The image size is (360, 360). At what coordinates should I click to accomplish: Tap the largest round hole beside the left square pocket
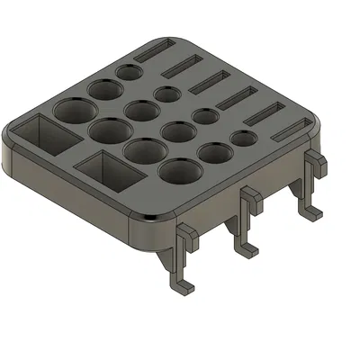click(75, 113)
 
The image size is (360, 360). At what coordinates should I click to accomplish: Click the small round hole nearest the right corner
click(243, 139)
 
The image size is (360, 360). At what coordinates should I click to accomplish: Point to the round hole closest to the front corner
click(180, 170)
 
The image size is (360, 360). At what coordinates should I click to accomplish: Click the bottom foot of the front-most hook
click(185, 286)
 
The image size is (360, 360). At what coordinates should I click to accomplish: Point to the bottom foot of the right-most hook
click(311, 214)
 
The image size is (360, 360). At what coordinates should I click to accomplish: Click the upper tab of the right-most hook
click(315, 159)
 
